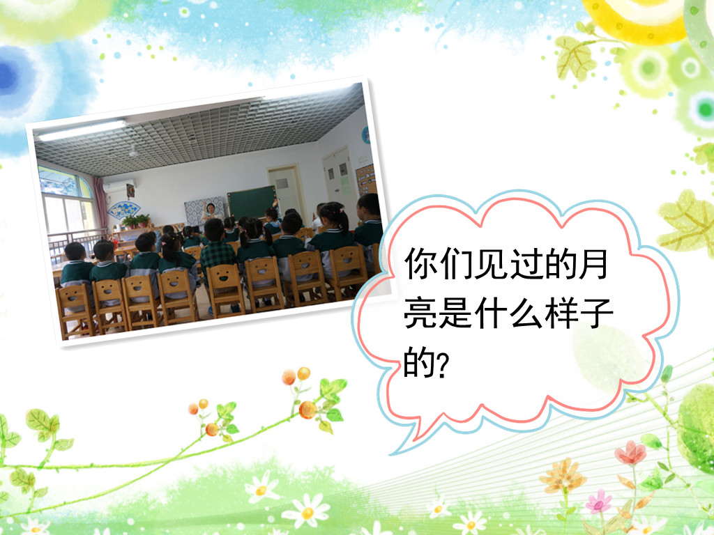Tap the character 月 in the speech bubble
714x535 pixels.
[593, 263]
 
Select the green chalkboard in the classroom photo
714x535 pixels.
[252, 202]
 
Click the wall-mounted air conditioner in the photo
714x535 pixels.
[117, 186]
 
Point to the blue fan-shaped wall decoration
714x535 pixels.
[124, 210]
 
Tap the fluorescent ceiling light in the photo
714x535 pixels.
[82, 130]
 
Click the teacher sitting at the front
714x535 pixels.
[211, 212]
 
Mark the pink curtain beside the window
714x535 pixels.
[100, 203]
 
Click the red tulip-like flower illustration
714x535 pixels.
[630, 453]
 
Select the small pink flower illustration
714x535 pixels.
[598, 502]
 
